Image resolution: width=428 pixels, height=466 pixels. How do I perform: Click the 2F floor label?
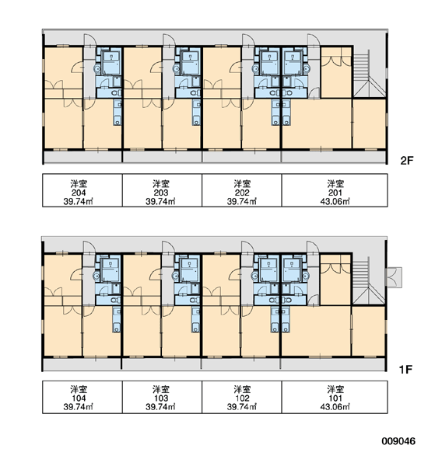[407, 161]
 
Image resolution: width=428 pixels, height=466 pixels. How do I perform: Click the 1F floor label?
[405, 370]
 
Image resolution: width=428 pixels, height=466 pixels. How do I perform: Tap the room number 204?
[79, 193]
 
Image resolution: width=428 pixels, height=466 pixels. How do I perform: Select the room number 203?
[161, 193]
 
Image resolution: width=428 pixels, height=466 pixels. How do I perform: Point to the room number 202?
[242, 193]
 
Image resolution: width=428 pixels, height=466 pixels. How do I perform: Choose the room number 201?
[335, 193]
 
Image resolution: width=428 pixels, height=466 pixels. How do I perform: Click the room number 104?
[79, 398]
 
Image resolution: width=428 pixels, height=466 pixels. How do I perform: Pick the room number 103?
[161, 398]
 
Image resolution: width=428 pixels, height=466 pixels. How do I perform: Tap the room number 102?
[242, 398]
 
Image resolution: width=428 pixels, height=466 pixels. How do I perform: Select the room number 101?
[335, 398]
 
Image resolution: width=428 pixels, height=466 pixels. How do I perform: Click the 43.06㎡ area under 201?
[335, 201]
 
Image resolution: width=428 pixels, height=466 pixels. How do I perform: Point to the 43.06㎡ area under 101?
[335, 406]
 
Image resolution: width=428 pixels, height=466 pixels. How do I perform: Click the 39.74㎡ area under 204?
[79, 201]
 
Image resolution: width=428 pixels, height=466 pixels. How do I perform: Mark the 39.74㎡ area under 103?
[160, 406]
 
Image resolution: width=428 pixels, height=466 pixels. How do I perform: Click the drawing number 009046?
[398, 441]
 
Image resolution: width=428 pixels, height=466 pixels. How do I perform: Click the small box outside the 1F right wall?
[394, 277]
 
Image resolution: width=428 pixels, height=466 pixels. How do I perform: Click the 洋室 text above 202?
[242, 183]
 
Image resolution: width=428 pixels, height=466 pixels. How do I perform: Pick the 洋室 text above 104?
[79, 389]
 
